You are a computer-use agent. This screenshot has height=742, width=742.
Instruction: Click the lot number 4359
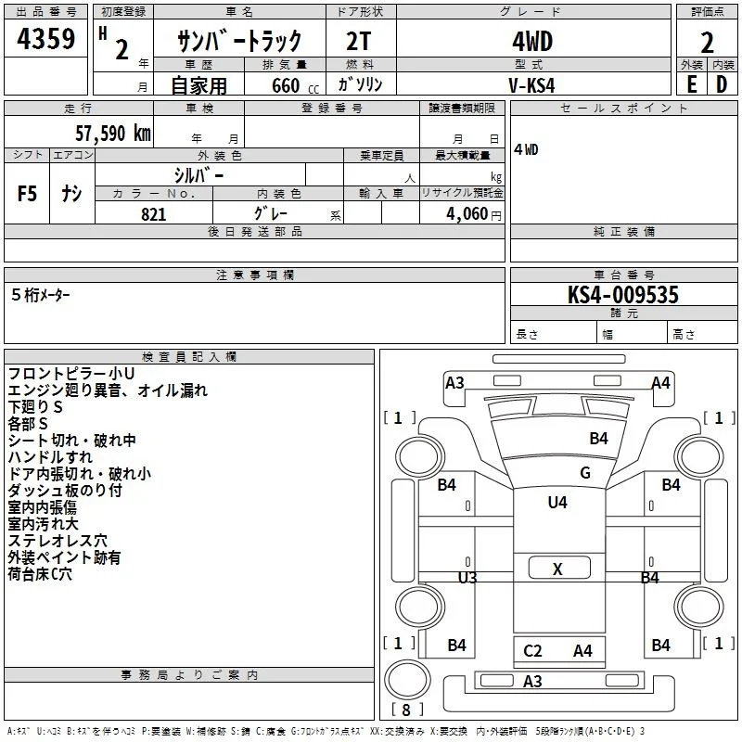click(x=45, y=38)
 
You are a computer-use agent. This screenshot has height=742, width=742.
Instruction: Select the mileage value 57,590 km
click(x=113, y=134)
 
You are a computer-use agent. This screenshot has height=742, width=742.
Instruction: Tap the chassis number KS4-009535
click(x=622, y=295)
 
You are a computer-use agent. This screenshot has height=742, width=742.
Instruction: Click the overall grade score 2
click(x=707, y=43)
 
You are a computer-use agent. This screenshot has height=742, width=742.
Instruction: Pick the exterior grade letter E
click(x=692, y=84)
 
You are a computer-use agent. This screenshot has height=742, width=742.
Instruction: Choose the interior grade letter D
click(x=722, y=84)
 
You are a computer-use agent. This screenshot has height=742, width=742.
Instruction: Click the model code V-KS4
click(x=531, y=85)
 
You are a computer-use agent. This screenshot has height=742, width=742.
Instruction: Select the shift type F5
click(x=27, y=194)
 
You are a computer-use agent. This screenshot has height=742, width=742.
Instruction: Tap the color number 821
click(x=154, y=214)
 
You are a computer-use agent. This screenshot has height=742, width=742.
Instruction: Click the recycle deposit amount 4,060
click(x=467, y=214)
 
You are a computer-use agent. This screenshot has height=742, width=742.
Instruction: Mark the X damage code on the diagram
click(x=558, y=569)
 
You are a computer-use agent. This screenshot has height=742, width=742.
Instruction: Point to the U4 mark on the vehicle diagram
click(x=557, y=502)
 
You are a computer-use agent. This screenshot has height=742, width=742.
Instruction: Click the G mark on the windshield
click(x=585, y=473)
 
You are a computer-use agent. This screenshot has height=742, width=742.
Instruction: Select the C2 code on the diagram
click(x=532, y=651)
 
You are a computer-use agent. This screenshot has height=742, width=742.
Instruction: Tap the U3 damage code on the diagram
click(x=467, y=577)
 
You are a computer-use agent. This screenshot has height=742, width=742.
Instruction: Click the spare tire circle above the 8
click(x=407, y=680)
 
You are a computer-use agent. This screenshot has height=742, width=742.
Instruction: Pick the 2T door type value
click(x=359, y=42)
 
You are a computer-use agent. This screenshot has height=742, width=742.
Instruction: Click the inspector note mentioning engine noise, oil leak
click(x=108, y=390)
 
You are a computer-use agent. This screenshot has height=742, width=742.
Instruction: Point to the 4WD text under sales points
click(x=526, y=149)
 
